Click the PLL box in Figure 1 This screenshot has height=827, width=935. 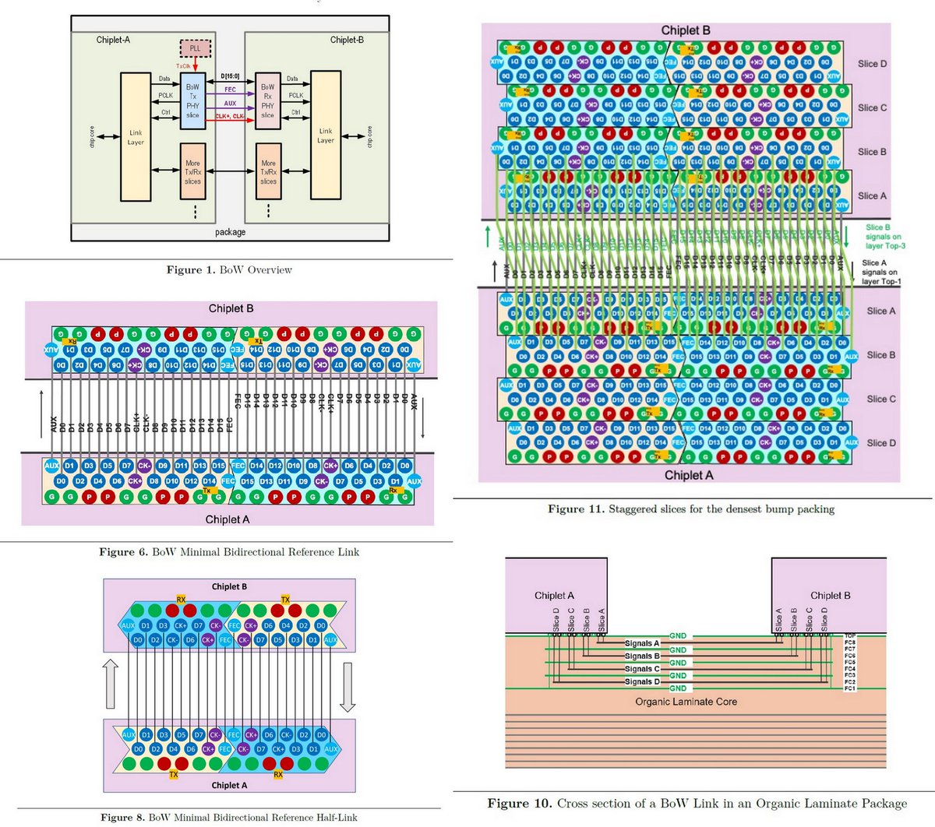[x=195, y=48]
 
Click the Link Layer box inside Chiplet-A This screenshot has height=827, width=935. [x=136, y=137]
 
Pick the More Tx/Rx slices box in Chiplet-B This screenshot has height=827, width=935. [x=268, y=172]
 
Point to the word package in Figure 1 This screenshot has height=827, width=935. [x=230, y=232]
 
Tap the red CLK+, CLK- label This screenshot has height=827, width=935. [x=230, y=116]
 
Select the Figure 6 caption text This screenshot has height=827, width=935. [x=229, y=552]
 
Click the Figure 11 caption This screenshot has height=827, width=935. [x=691, y=509]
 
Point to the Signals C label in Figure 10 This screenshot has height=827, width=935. [x=642, y=669]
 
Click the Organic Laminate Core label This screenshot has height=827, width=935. [x=686, y=702]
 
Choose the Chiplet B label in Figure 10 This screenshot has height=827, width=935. [x=830, y=596]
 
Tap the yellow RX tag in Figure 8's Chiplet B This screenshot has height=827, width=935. [x=181, y=600]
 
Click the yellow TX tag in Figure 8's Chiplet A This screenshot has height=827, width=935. [x=174, y=775]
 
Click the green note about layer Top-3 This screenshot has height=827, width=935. [x=884, y=237]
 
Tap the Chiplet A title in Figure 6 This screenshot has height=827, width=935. [x=228, y=519]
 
